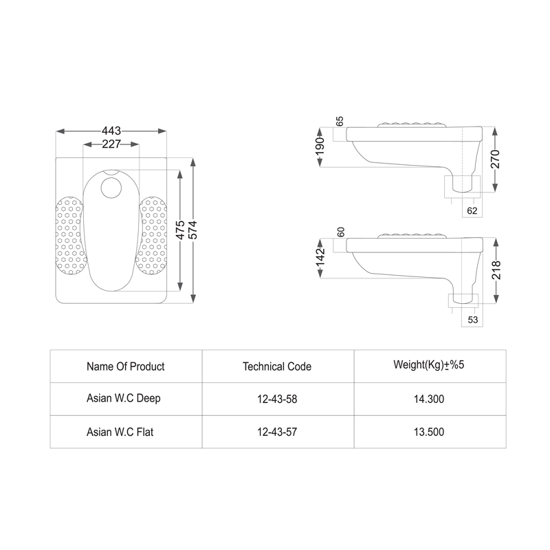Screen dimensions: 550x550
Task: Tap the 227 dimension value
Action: pyautogui.click(x=111, y=144)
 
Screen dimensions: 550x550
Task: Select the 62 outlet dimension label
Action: pyautogui.click(x=472, y=210)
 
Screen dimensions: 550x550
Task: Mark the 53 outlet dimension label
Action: pyautogui.click(x=472, y=320)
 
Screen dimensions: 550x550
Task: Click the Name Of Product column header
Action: pyautogui.click(x=126, y=366)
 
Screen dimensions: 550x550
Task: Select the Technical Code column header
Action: pyautogui.click(x=277, y=366)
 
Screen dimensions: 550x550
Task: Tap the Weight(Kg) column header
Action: pyautogui.click(x=429, y=365)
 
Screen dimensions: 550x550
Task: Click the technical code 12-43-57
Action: pyautogui.click(x=277, y=432)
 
